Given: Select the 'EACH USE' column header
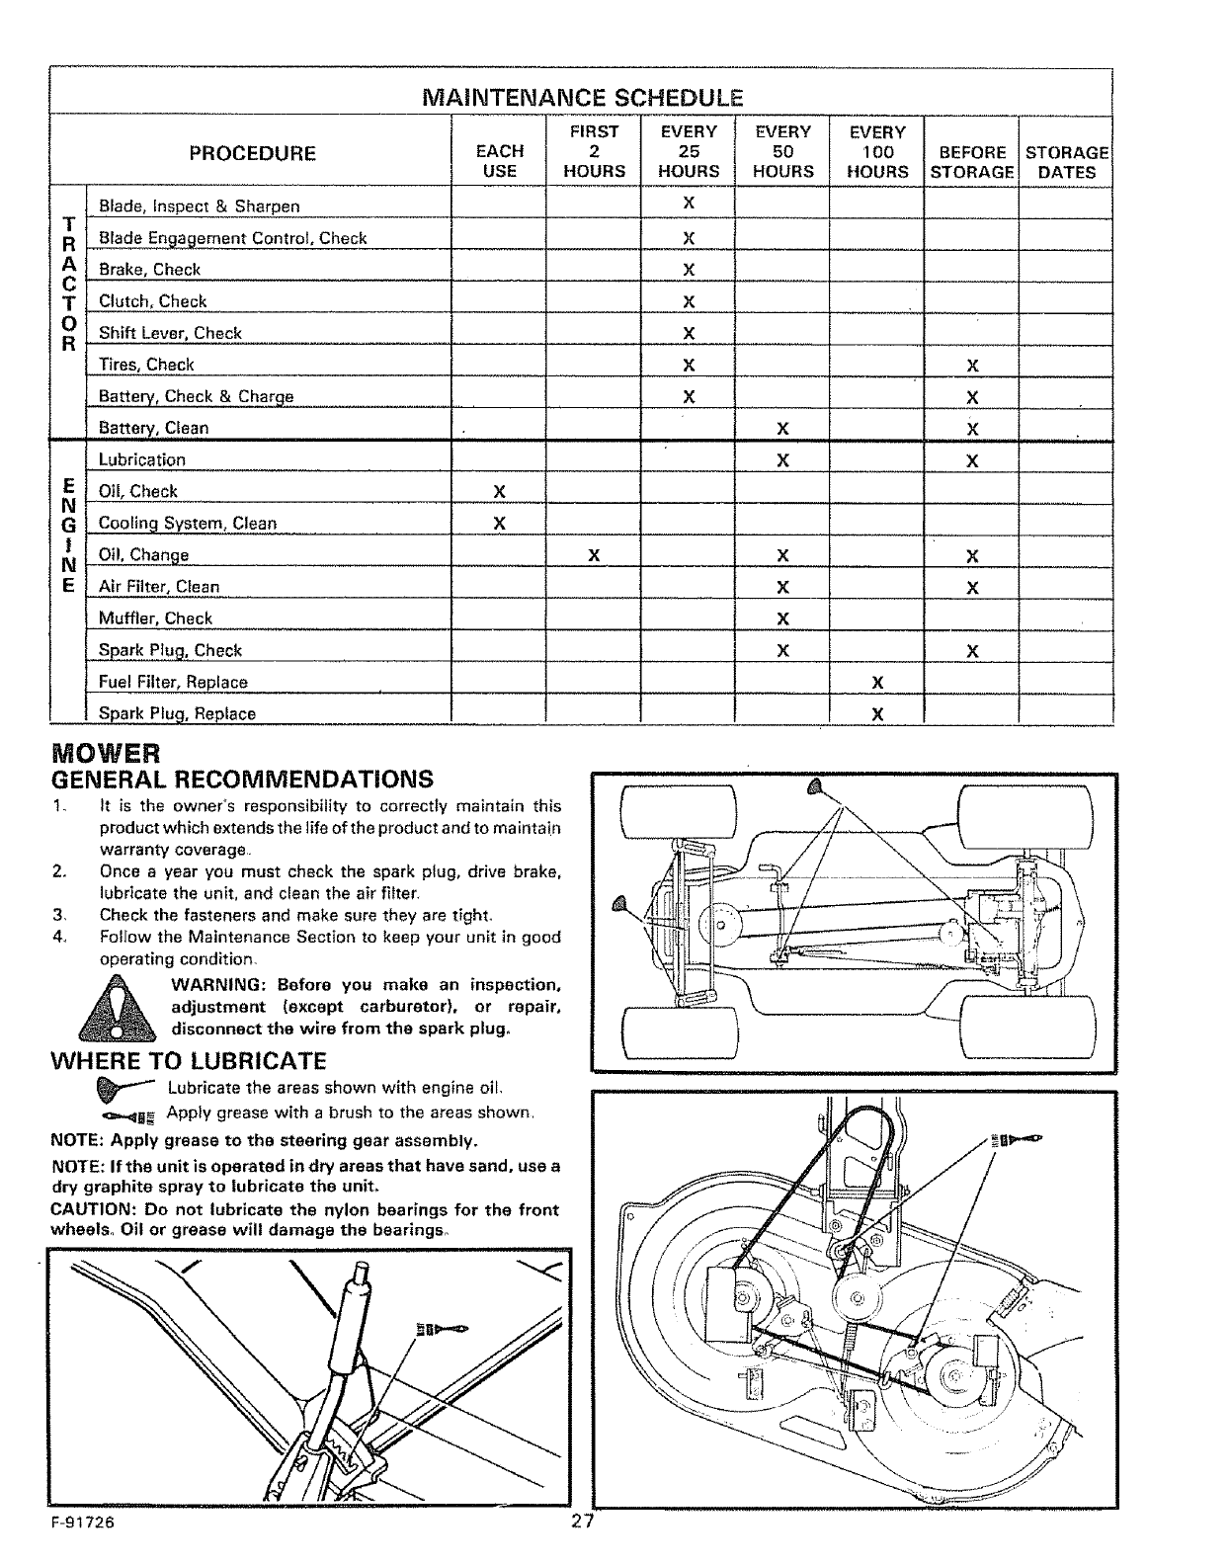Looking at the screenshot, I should pos(499,161).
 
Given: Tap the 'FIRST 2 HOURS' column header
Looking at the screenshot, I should pos(594,151).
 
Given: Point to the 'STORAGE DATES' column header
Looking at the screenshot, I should pos(1067,162).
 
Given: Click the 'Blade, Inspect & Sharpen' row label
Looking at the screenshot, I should pos(199,206).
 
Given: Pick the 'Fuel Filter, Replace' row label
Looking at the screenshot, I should pos(173,682).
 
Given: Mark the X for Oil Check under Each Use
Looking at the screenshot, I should pos(499,491).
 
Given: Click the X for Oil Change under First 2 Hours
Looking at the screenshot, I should pos(594,555).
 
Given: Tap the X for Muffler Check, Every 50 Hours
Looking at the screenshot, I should pos(782,618).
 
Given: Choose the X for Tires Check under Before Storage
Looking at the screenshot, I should pos(972,366).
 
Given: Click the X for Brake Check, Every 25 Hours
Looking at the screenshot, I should pos(689,270).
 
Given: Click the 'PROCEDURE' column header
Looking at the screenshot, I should pos(252,153).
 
